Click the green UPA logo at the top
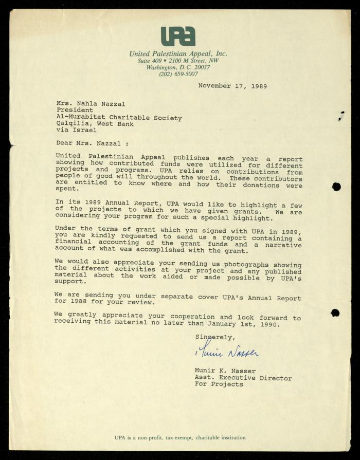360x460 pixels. tap(178, 36)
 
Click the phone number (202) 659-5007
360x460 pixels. tap(178, 74)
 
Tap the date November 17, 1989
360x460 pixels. tap(232, 86)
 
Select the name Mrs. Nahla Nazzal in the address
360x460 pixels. tap(91, 103)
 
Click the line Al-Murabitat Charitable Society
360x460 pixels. tap(119, 118)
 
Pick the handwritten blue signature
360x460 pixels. tap(227, 352)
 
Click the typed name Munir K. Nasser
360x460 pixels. tap(225, 371)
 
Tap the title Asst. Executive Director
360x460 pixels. tap(243, 378)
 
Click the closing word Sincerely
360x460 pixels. tap(214, 337)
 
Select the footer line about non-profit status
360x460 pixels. tap(179, 437)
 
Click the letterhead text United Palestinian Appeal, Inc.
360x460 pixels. tap(178, 53)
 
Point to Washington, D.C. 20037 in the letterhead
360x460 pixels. tap(178, 67)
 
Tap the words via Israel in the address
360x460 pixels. tap(76, 131)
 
